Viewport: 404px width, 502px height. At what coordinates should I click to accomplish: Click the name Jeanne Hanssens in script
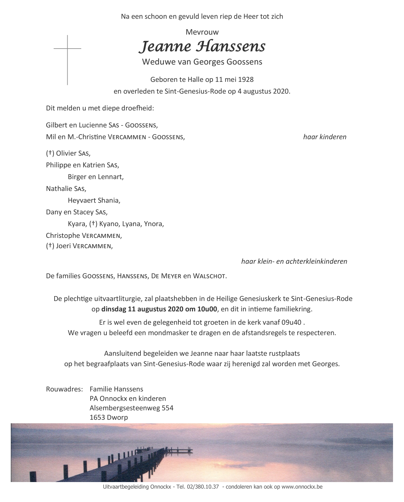(202, 47)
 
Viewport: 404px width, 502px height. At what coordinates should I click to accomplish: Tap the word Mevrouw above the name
(202, 32)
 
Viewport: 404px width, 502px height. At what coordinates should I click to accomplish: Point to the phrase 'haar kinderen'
(325, 137)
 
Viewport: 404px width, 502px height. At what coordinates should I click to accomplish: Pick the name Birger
(77, 177)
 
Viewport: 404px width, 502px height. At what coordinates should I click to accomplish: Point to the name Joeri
(64, 246)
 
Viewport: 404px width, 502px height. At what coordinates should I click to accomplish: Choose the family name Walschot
(211, 276)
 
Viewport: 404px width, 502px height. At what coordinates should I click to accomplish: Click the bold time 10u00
(208, 309)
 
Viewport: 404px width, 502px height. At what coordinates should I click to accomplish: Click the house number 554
(167, 408)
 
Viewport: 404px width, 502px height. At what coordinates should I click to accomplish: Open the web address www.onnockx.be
(302, 487)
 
